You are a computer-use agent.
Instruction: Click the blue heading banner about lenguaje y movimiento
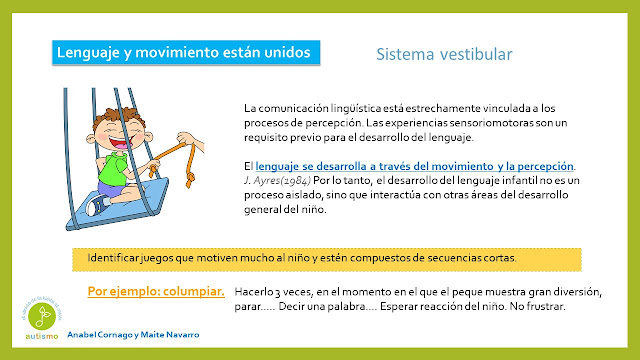click(186, 52)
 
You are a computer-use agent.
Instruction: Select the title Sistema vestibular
click(444, 54)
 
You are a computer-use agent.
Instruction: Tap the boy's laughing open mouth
click(119, 144)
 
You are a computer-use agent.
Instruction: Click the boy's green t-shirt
click(114, 169)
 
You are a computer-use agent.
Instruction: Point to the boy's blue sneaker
click(97, 204)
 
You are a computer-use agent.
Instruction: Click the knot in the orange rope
click(189, 179)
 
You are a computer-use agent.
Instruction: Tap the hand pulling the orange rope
click(190, 140)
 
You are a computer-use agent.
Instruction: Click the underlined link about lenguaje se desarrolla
click(414, 166)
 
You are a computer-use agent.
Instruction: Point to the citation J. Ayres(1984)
click(278, 180)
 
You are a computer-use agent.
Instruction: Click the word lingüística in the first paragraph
click(356, 108)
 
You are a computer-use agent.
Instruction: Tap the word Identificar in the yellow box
click(113, 258)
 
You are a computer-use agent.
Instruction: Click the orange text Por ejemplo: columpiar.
click(156, 291)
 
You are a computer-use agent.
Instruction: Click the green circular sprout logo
click(42, 316)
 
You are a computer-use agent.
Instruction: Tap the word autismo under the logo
click(42, 336)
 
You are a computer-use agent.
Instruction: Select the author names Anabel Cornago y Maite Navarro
click(133, 335)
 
